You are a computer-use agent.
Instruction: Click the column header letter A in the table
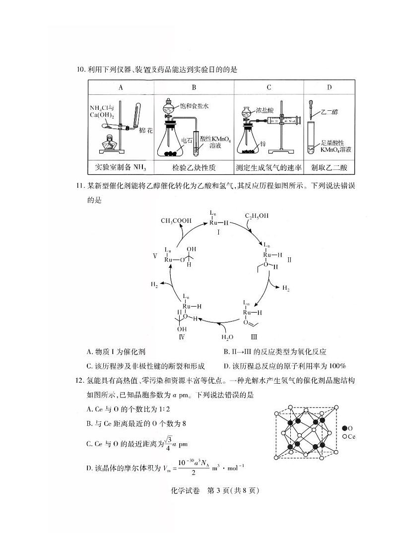(x=121, y=87)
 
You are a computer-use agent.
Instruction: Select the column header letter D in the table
(x=329, y=87)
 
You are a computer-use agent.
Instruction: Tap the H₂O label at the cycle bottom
(x=226, y=337)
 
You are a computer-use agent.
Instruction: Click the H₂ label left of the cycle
(x=155, y=285)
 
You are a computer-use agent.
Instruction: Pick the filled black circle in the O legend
(x=344, y=427)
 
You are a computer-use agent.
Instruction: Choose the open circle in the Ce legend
(x=344, y=436)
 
